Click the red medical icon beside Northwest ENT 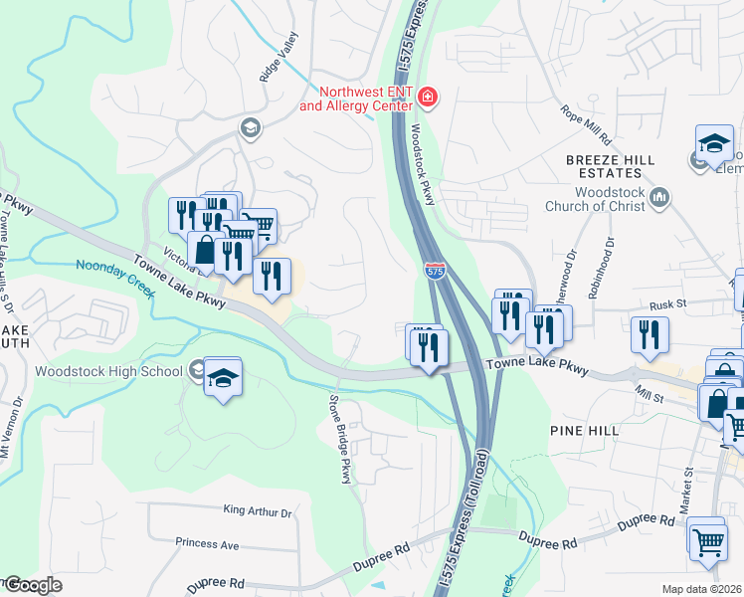428,97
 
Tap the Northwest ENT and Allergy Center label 359,98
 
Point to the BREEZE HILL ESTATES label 620,167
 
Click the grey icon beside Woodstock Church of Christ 658,199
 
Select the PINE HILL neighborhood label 584,430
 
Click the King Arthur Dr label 258,512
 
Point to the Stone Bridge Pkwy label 340,437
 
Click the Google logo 33,585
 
